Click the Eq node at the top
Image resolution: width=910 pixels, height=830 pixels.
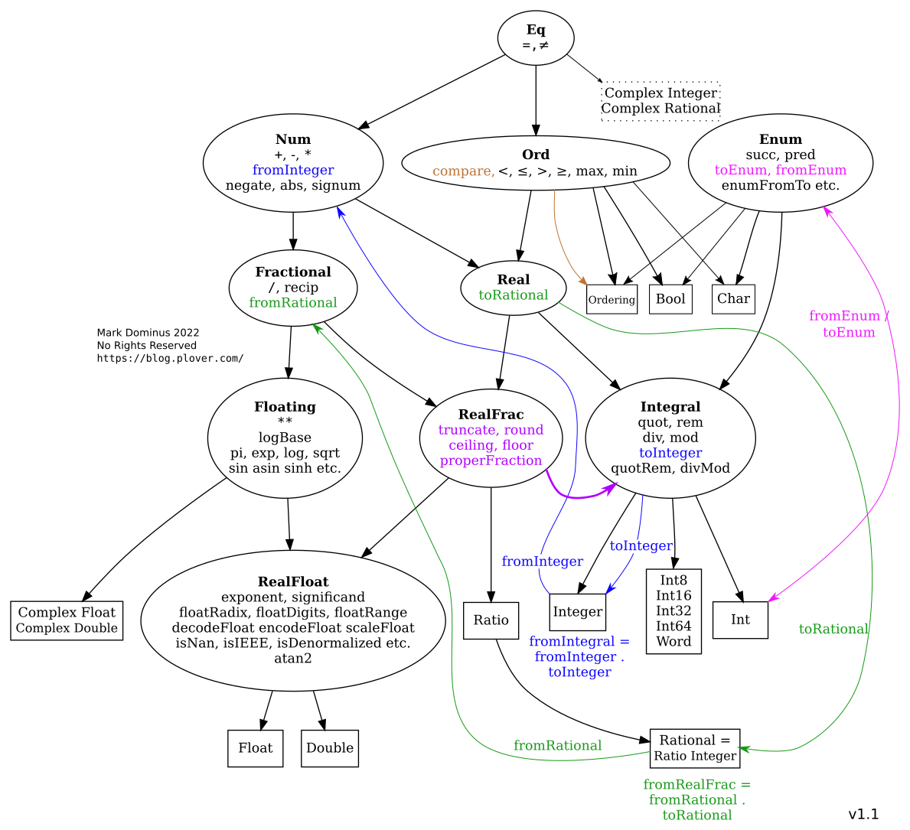pos(536,37)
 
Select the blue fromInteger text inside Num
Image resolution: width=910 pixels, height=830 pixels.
pos(293,170)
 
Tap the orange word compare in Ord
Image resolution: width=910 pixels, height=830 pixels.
pos(463,171)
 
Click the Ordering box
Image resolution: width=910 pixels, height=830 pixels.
pos(612,299)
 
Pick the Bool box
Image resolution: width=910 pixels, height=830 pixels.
pos(670,298)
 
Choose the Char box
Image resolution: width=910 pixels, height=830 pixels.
pos(733,298)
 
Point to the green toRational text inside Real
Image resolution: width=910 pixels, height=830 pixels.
pos(513,295)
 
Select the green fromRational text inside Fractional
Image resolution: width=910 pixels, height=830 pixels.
pos(293,303)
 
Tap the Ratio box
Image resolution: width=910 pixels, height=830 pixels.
pos(491,620)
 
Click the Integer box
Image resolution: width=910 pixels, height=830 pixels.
pos(578,612)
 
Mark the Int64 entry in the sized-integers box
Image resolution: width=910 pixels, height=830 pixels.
pos(674,627)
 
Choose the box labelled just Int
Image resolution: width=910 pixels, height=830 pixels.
pos(740,620)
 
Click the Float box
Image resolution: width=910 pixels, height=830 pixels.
pos(255,748)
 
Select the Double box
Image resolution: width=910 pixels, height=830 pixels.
pos(330,748)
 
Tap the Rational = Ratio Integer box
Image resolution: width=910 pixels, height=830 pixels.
pos(695,748)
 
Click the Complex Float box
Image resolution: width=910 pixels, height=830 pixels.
pos(67,620)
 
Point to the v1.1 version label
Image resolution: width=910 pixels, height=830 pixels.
pos(863,814)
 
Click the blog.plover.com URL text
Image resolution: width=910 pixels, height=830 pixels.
pos(170,358)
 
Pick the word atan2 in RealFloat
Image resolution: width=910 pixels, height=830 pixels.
pos(293,659)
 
